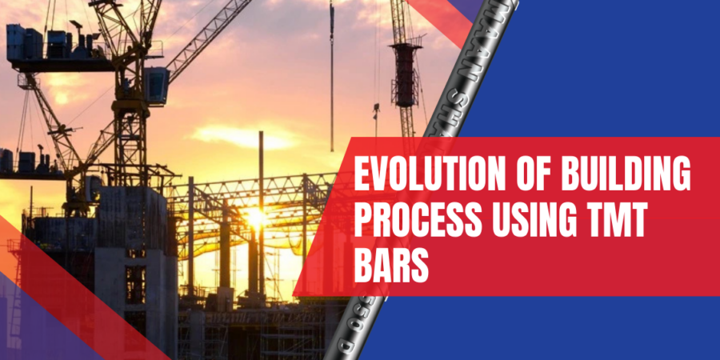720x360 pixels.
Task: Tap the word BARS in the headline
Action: (391, 262)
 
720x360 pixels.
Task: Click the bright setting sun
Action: (255, 216)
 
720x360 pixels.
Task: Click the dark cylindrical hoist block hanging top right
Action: (406, 76)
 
